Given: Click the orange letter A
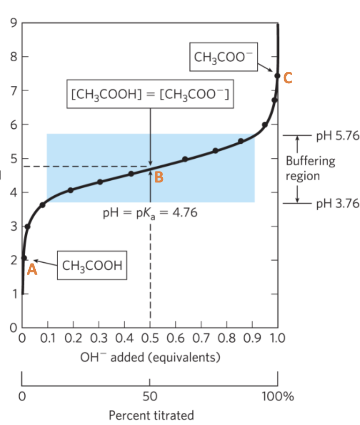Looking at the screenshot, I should [x=31, y=270].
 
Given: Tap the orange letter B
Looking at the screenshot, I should [x=159, y=177].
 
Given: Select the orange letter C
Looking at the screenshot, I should [x=288, y=78].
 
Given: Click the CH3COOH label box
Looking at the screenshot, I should [x=92, y=266].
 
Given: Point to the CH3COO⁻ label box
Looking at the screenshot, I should [x=222, y=57].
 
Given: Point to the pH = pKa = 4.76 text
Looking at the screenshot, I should [x=150, y=213].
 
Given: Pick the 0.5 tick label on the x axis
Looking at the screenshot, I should [x=150, y=339].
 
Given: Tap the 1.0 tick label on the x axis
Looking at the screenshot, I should [x=277, y=339].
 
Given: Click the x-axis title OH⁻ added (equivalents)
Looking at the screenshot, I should [x=150, y=357].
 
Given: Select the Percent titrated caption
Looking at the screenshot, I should [x=151, y=415].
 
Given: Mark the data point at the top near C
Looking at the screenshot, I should [x=277, y=76].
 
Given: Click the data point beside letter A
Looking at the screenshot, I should [x=24, y=258].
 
